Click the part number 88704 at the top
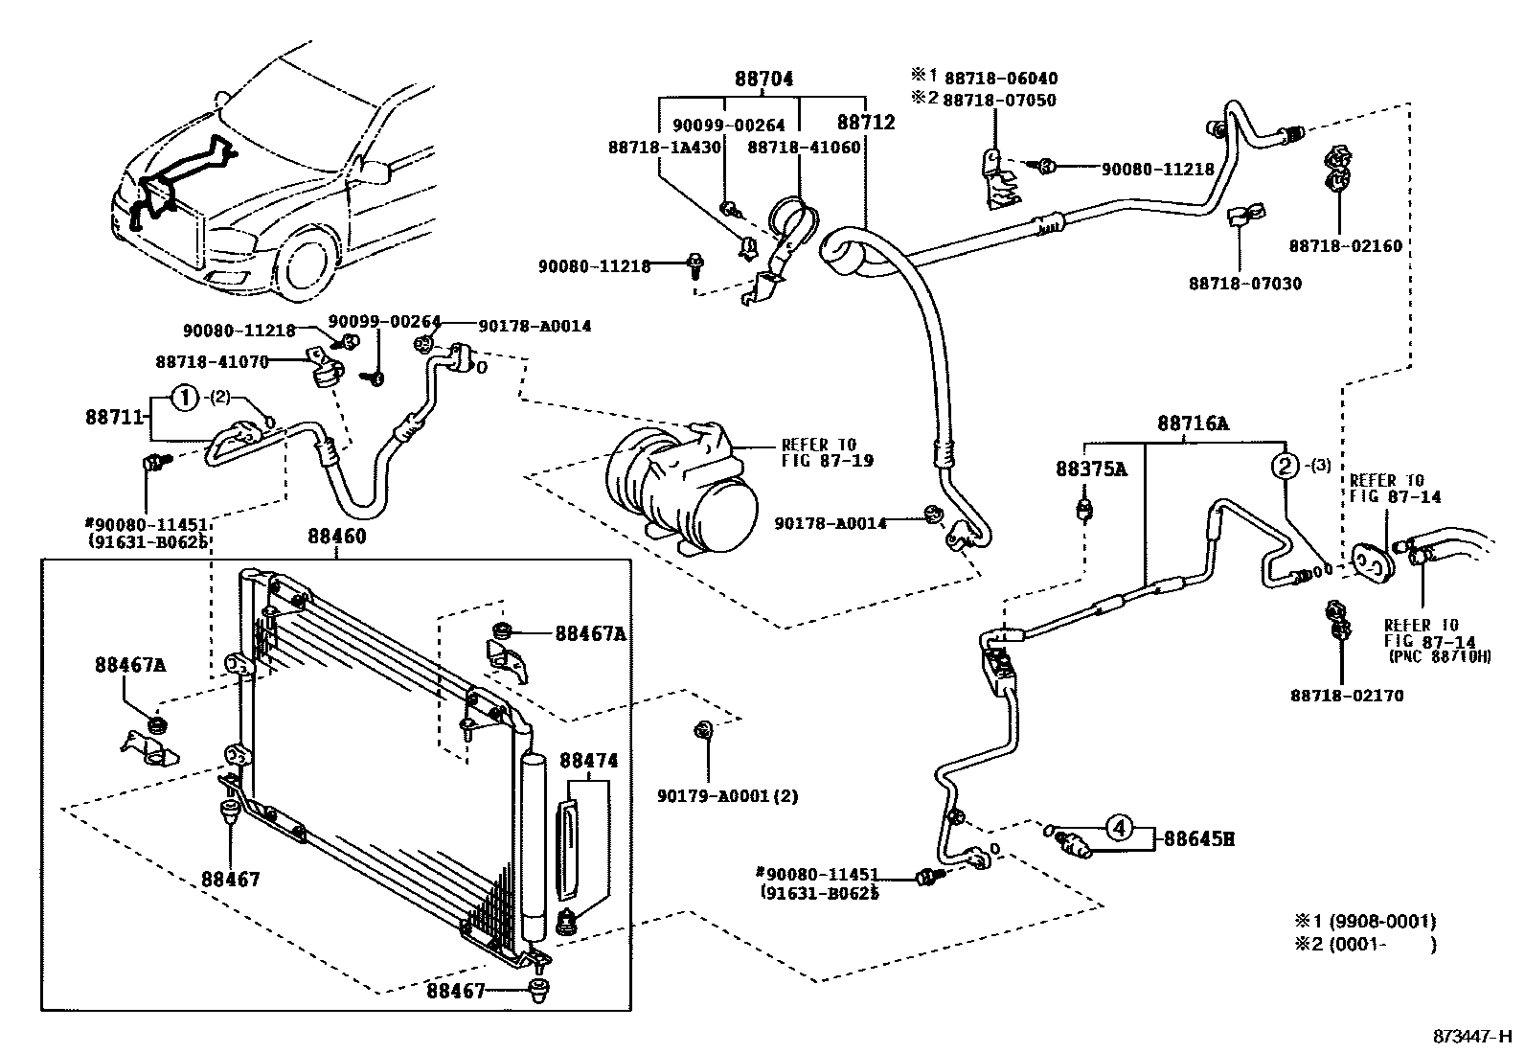click(x=763, y=80)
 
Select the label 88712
click(x=865, y=123)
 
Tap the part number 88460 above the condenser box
click(x=336, y=537)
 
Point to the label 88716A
click(x=1192, y=423)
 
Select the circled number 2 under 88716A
click(x=1284, y=467)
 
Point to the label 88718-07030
click(x=1245, y=284)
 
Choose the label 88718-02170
click(x=1346, y=696)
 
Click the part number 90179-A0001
click(x=728, y=796)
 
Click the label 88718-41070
click(x=212, y=361)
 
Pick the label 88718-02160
click(x=1345, y=246)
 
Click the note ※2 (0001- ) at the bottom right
click(x=1365, y=945)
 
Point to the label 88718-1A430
click(x=664, y=147)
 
